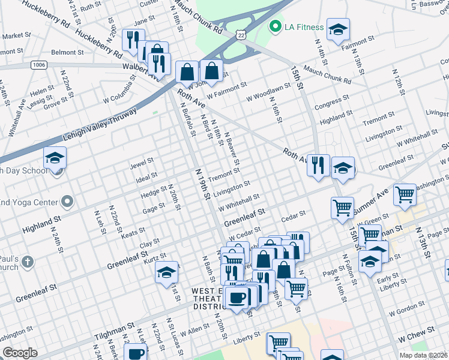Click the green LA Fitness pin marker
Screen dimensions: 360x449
276,27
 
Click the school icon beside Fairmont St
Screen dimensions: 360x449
339,29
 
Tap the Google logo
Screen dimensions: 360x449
20,353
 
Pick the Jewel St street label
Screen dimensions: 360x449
142,163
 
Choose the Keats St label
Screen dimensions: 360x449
133,232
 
